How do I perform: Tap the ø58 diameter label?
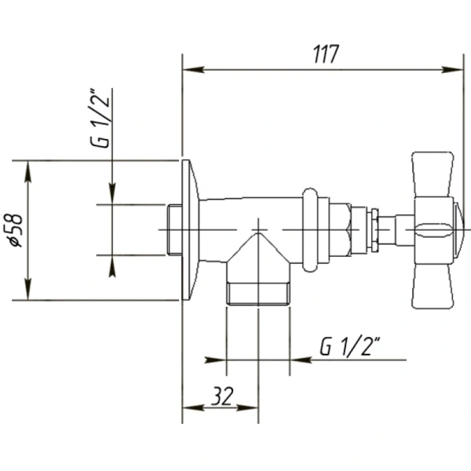16,229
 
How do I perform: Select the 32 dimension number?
221,397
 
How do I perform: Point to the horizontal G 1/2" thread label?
350,345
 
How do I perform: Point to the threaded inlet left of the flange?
174,229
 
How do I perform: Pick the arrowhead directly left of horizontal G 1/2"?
299,360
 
